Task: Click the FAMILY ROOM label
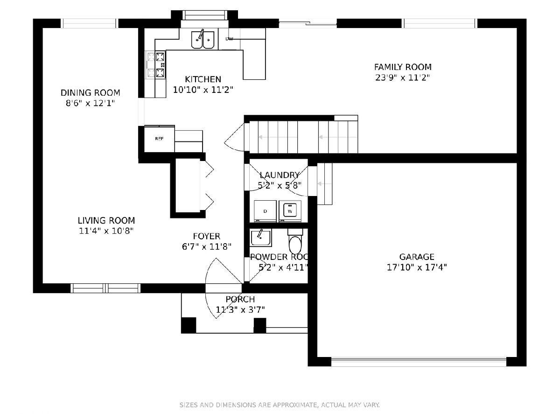point(403,67)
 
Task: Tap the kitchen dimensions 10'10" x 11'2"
point(203,90)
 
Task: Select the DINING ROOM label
point(91,92)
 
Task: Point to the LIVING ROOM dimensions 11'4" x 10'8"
point(106,231)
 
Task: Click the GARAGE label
point(417,257)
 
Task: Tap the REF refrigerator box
point(160,139)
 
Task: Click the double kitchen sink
point(203,40)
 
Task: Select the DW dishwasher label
point(229,39)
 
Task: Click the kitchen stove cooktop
point(155,65)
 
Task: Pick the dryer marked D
point(265,211)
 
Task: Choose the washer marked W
point(290,211)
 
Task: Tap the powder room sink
point(260,238)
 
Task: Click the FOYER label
point(206,236)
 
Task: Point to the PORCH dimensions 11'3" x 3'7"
point(240,310)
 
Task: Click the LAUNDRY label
point(280,175)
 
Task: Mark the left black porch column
point(189,325)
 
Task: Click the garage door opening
point(419,362)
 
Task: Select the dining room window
point(89,23)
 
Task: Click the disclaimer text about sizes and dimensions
point(280,405)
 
